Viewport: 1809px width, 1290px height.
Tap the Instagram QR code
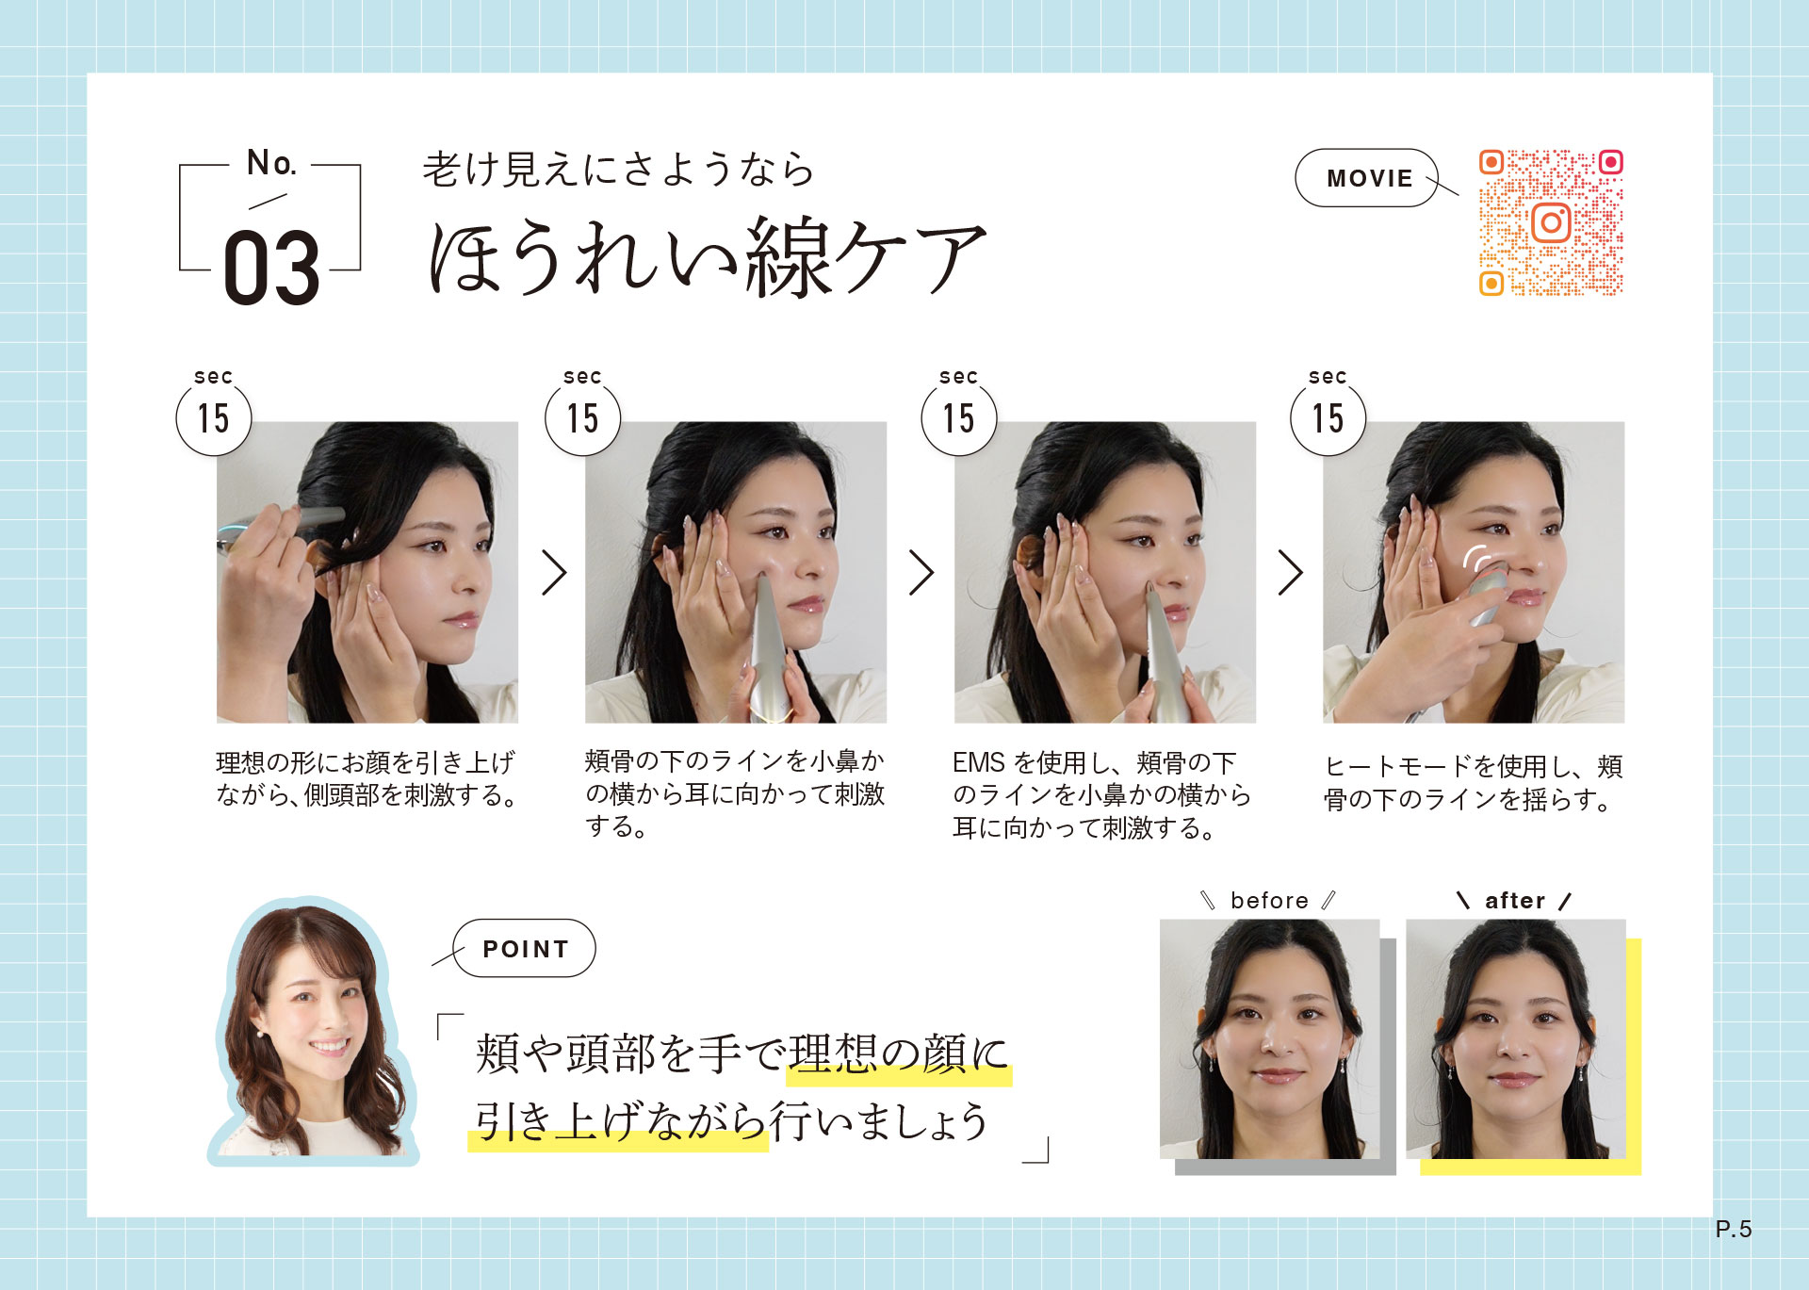coord(1551,222)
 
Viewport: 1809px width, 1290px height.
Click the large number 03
coord(271,269)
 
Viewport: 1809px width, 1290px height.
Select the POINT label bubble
coord(525,948)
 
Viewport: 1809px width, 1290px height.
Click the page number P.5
coord(1733,1229)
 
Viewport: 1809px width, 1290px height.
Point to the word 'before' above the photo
coord(1269,901)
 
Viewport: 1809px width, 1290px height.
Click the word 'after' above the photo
coord(1515,901)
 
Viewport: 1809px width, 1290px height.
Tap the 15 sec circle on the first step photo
coord(214,417)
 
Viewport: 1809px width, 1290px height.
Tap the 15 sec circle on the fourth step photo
coord(1328,417)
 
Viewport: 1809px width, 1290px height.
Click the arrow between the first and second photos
coord(554,572)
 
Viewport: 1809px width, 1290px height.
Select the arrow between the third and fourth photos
coord(1291,572)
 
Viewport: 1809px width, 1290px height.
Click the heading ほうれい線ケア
coord(707,255)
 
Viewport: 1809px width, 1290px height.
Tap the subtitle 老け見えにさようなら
coord(618,170)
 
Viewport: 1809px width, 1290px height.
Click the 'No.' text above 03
coord(271,163)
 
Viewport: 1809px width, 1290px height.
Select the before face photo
coord(1269,1038)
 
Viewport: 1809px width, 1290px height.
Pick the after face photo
coord(1516,1038)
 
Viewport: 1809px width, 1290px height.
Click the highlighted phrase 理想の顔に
coord(899,1053)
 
